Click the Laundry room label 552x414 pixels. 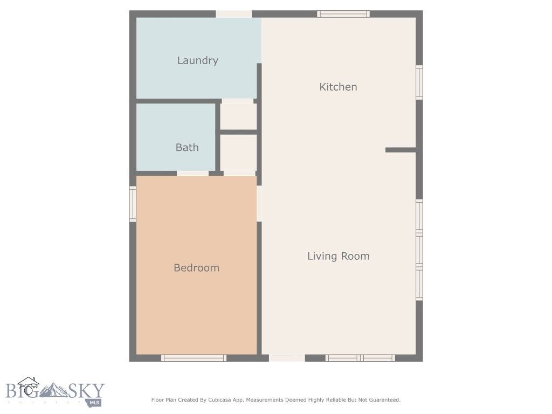(x=197, y=60)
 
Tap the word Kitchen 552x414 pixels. (x=338, y=87)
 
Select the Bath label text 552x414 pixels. (x=187, y=147)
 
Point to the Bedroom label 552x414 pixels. (x=196, y=268)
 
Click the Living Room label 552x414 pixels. (x=339, y=256)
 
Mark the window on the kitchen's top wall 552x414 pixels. (x=343, y=14)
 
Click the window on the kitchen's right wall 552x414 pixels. (x=419, y=82)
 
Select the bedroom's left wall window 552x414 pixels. (x=133, y=204)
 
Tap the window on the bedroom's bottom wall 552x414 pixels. (x=194, y=358)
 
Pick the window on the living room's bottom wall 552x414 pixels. (x=360, y=358)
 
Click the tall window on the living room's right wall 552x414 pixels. (x=419, y=250)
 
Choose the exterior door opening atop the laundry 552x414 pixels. (x=234, y=14)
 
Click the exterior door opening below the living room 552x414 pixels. (x=287, y=358)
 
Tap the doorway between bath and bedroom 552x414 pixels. (x=193, y=173)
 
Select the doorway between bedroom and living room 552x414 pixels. (x=259, y=203)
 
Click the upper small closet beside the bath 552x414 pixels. (x=238, y=116)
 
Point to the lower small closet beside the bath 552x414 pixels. (x=238, y=153)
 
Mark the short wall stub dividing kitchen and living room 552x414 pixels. (x=401, y=150)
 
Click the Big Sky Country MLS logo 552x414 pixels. (x=54, y=392)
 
